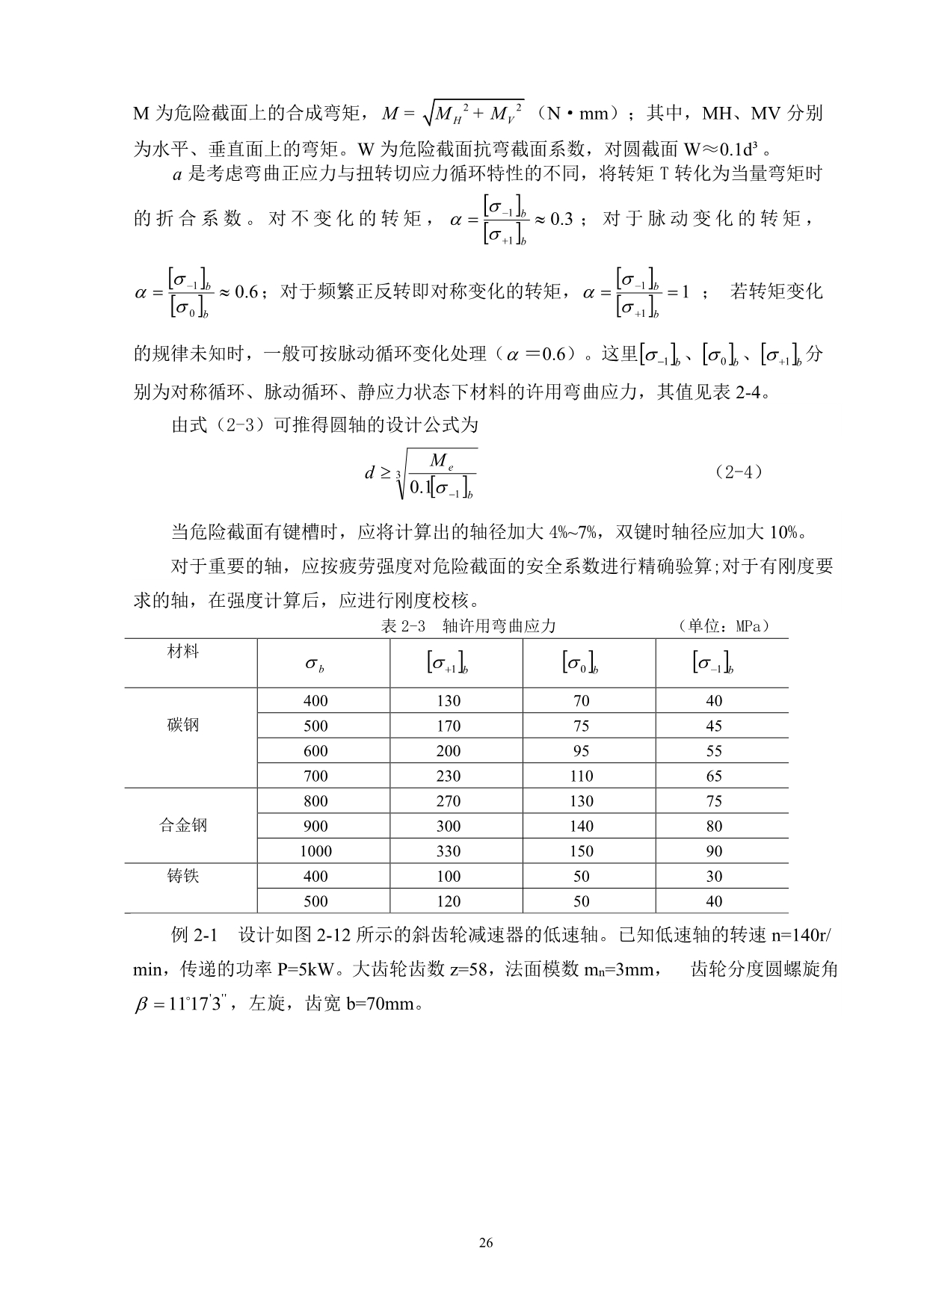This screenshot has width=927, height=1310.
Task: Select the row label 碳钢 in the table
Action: (183, 726)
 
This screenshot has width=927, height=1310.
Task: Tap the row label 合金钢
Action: (183, 826)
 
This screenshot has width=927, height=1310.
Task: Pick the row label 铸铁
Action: (183, 876)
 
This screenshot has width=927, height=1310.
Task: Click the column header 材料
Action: (183, 652)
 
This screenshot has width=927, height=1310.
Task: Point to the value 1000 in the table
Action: (315, 851)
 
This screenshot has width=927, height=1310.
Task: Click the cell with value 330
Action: (449, 851)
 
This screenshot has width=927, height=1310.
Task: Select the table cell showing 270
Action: (449, 801)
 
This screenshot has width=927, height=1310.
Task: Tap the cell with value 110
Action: (581, 776)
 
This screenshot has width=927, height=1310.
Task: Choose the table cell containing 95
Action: (581, 751)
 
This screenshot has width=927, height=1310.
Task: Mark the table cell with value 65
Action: (714, 776)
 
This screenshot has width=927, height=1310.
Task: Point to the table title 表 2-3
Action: (403, 626)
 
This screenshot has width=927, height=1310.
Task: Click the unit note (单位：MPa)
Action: (723, 626)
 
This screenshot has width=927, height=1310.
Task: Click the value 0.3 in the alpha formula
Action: (561, 219)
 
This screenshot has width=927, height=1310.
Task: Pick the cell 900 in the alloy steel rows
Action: (315, 826)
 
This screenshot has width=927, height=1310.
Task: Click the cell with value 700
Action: (315, 776)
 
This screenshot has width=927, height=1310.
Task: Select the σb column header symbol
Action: (315, 664)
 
